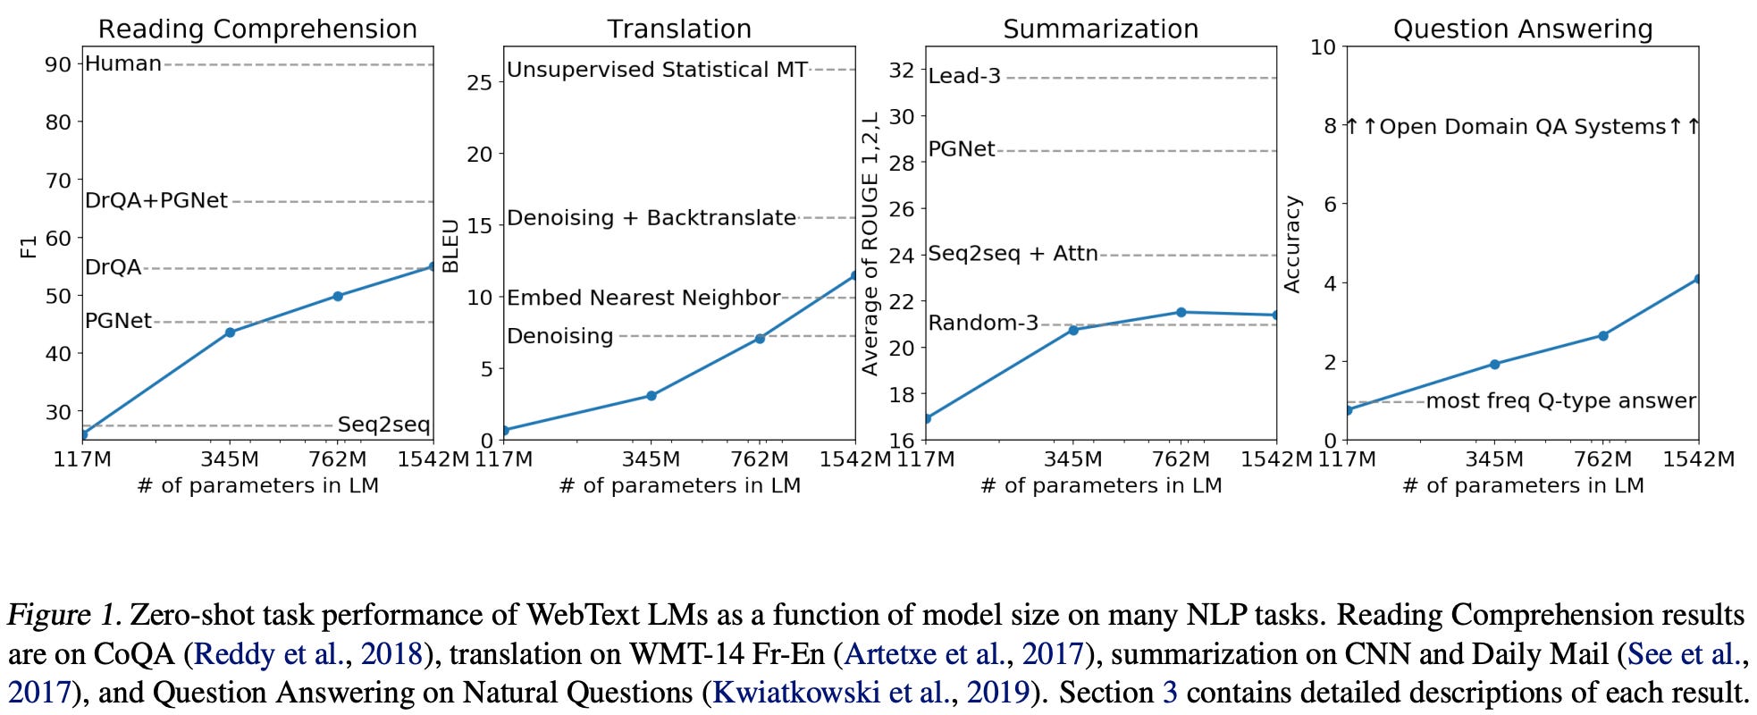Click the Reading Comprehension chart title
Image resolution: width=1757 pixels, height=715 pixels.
click(x=257, y=29)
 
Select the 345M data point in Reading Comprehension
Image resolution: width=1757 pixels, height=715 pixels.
click(x=230, y=332)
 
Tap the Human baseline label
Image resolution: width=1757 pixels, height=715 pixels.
click(x=123, y=63)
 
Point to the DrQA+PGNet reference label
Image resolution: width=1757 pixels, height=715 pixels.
click(x=156, y=201)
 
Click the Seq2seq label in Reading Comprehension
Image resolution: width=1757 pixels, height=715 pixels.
click(x=383, y=425)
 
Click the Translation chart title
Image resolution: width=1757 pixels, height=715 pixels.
click(x=679, y=29)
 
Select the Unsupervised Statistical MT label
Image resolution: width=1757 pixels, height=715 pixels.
click(x=657, y=70)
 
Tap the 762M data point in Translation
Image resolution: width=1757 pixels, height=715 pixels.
click(x=760, y=339)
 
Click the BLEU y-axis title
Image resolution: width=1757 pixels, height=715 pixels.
click(x=451, y=245)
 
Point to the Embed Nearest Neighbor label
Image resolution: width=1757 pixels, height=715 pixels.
click(x=643, y=298)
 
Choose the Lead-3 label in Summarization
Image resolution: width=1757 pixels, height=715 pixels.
click(x=964, y=76)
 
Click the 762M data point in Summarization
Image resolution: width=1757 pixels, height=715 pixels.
click(x=1181, y=312)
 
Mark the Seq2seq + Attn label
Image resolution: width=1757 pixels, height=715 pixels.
click(x=1013, y=254)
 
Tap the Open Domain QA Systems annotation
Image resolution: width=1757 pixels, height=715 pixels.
click(x=1522, y=127)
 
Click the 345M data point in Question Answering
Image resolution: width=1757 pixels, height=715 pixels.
click(x=1494, y=364)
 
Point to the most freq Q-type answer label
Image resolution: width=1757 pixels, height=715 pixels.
click(x=1560, y=401)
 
